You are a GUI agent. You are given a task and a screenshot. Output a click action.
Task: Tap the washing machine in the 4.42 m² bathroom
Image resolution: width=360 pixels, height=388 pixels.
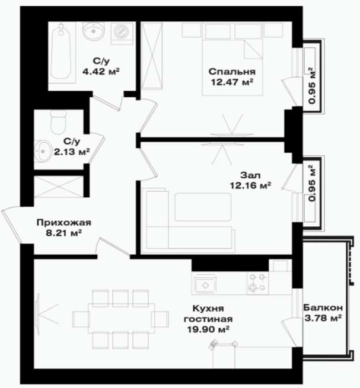[x=122, y=33]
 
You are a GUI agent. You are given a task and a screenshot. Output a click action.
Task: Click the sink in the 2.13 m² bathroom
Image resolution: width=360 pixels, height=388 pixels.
[x=42, y=151]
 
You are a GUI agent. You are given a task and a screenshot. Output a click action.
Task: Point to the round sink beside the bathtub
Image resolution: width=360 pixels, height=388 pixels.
[x=93, y=31]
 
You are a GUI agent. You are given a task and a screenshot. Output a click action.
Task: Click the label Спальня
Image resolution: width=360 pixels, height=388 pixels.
[x=232, y=72]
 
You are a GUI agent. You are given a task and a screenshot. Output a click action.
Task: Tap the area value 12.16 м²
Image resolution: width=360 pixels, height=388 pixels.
[x=250, y=185]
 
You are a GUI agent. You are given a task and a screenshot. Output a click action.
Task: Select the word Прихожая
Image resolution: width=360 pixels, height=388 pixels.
[x=64, y=223]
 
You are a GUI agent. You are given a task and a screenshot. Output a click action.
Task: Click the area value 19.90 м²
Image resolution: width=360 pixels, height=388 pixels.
[x=208, y=329]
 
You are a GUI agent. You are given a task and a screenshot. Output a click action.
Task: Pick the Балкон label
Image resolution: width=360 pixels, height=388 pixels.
[x=323, y=307]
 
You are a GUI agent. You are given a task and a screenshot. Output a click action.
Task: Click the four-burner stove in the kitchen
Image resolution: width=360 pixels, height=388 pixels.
[x=257, y=283]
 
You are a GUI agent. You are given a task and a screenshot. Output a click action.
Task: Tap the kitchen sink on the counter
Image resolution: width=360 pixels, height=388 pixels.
[x=205, y=286]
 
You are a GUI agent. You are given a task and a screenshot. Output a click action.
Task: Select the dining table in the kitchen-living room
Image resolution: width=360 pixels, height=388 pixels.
[x=122, y=319]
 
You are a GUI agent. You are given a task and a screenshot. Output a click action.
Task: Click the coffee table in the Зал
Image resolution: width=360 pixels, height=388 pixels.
[x=203, y=207]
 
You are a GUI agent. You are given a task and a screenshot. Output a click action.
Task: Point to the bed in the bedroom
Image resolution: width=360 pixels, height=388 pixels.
[x=232, y=59]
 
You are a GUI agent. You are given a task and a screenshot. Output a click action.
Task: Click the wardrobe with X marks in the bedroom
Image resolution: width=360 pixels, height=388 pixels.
[x=152, y=55]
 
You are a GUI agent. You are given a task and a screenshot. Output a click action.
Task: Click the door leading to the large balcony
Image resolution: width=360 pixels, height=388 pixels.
[x=289, y=332]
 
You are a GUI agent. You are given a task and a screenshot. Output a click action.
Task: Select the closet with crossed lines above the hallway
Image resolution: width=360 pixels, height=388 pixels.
[x=59, y=187]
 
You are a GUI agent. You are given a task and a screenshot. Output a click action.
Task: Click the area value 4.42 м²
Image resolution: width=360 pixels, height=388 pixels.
[x=101, y=72]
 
